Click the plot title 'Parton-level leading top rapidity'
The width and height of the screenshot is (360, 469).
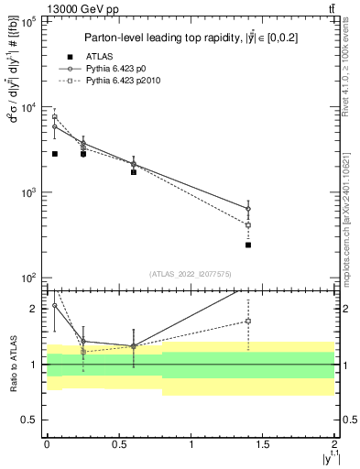pos(190,38)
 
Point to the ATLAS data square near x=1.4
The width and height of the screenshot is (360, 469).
pos(248,245)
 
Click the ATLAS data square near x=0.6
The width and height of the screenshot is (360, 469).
pos(134,171)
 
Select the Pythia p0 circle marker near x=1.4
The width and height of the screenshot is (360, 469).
pos(248,208)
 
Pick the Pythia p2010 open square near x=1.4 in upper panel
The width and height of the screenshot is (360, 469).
pos(248,224)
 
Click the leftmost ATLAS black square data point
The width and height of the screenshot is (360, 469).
pos(55,154)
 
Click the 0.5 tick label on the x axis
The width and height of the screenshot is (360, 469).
pos(119,444)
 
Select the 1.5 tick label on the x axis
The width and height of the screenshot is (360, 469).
pos(263,444)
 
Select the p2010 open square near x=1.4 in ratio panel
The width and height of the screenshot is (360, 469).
pos(248,321)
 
